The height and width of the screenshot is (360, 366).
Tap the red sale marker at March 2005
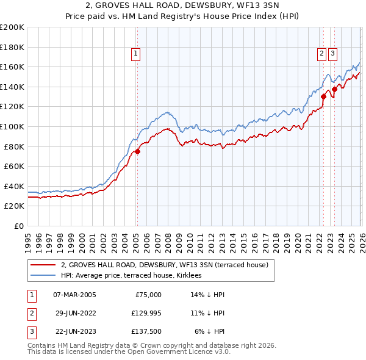point(137,152)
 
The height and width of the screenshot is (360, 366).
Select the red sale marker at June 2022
point(323,96)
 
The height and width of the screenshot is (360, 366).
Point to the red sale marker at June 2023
point(334,90)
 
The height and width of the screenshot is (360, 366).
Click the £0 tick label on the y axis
point(19,226)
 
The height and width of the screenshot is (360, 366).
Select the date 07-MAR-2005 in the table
point(74,295)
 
